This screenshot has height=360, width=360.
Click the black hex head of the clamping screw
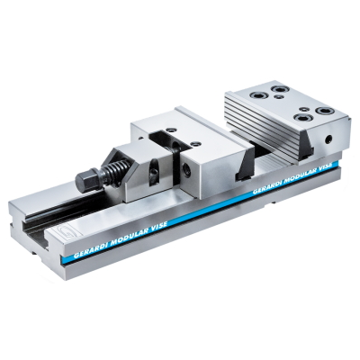coord(86,180)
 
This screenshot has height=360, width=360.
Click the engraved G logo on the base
coord(65,232)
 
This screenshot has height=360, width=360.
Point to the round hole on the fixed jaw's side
coord(329,139)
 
